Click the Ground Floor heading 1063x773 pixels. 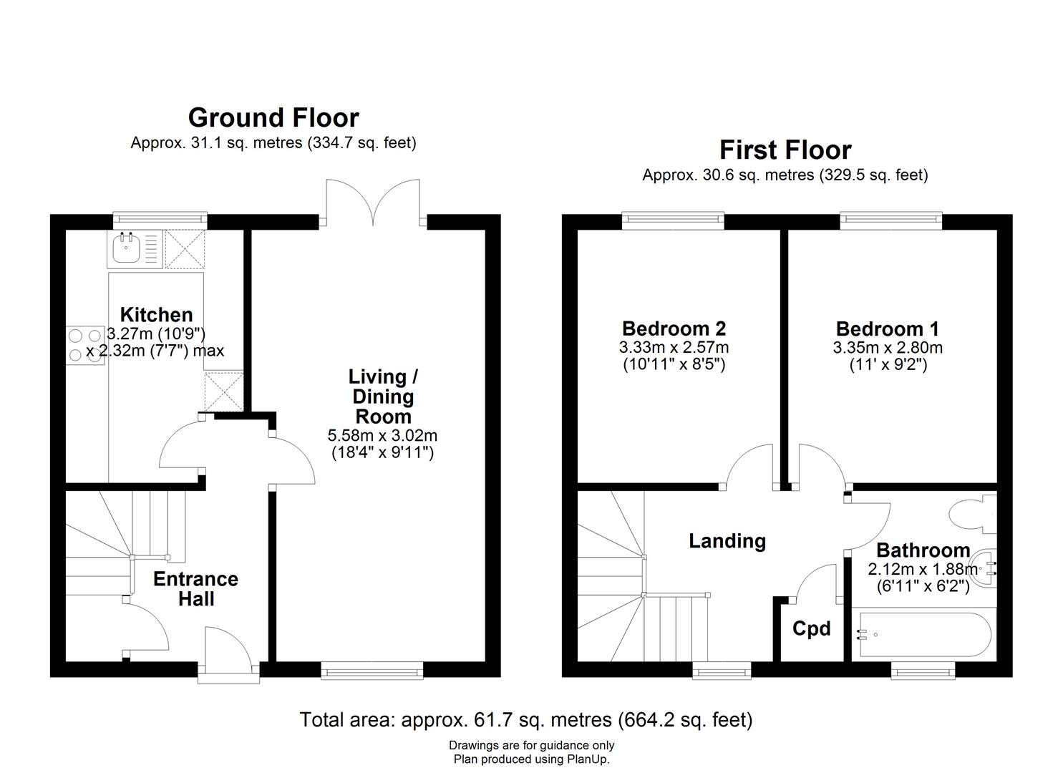[273, 117]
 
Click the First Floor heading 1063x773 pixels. [785, 150]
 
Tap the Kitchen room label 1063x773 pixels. [156, 315]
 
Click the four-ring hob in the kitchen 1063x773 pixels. [85, 345]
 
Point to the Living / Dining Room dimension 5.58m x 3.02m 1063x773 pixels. [382, 435]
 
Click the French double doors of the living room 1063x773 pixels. [373, 204]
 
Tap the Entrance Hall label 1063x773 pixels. [195, 588]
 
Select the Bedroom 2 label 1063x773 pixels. [674, 329]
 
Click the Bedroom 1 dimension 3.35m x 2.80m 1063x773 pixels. [888, 349]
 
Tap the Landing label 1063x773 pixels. [727, 541]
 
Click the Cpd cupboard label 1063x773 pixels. [811, 628]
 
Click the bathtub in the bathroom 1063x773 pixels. [921, 634]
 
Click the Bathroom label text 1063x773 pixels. [923, 550]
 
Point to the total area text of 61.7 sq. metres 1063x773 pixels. [525, 719]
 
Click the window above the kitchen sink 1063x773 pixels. [160, 220]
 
